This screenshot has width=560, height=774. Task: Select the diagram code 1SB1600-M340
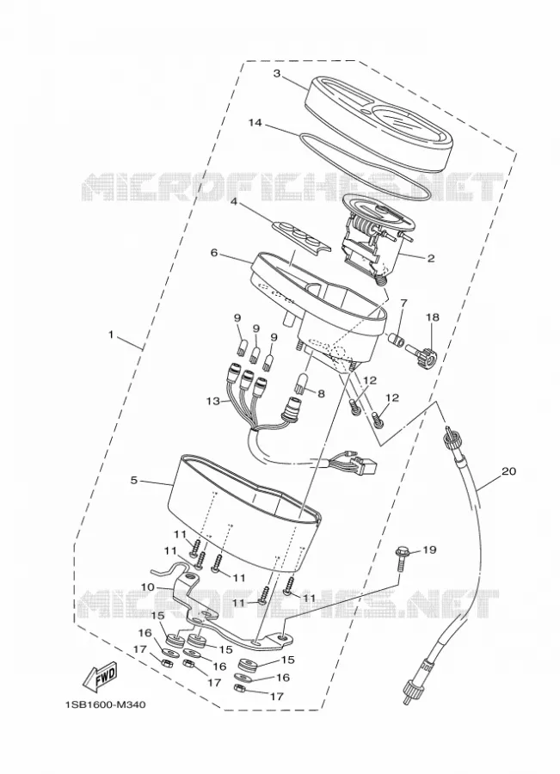(105, 704)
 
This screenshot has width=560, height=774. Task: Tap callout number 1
(112, 335)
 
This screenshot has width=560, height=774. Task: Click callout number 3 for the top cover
(277, 74)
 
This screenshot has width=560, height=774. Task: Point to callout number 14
(255, 122)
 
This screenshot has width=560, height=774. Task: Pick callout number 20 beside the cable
(508, 471)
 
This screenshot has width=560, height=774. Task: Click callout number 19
(429, 550)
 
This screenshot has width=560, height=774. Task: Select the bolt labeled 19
(401, 558)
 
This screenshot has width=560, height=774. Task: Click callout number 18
(433, 316)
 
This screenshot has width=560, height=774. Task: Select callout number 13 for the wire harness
(212, 402)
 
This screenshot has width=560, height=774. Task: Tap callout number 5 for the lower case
(134, 480)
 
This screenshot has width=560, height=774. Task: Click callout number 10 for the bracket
(148, 587)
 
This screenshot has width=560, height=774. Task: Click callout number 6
(214, 253)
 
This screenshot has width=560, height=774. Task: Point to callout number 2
(431, 258)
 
